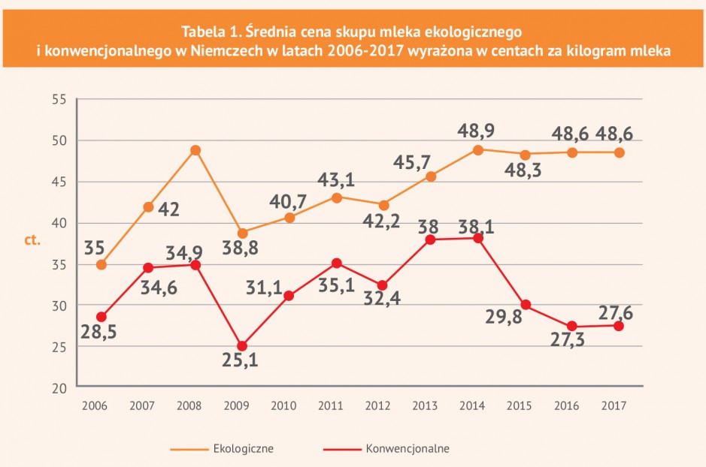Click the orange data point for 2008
pyautogui.click(x=195, y=150)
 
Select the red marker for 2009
pyautogui.click(x=242, y=346)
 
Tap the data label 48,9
pyautogui.click(x=476, y=131)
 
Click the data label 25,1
pyautogui.click(x=240, y=360)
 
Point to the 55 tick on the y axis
pyautogui.click(x=59, y=99)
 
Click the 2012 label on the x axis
pyautogui.click(x=377, y=406)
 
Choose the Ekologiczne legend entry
pyautogui.click(x=222, y=448)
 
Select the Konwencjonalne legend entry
pyautogui.click(x=386, y=448)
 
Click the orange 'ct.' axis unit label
pyautogui.click(x=32, y=240)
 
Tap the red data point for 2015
pyautogui.click(x=526, y=305)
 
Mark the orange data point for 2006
pyautogui.click(x=102, y=265)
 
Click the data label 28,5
pyautogui.click(x=98, y=332)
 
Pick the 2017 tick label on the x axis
pyautogui.click(x=614, y=406)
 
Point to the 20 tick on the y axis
pyautogui.click(x=59, y=388)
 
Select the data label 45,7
pyautogui.click(x=412, y=162)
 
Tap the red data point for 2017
pyautogui.click(x=619, y=326)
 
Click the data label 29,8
pyautogui.click(x=504, y=317)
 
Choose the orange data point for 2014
pyautogui.click(x=478, y=149)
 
